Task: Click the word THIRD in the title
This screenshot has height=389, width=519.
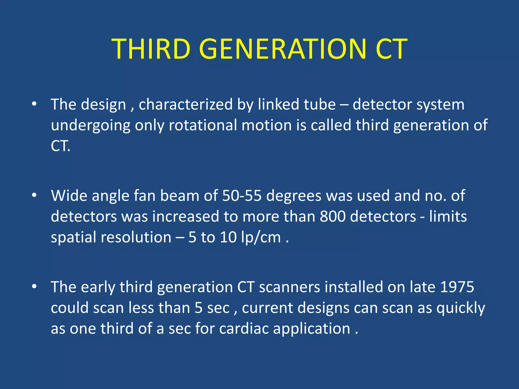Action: point(151,49)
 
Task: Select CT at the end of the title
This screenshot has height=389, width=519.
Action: point(391,49)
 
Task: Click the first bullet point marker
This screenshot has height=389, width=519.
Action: point(34,104)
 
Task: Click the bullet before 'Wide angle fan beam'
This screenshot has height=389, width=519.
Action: point(34,195)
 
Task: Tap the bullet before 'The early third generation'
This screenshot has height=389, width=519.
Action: point(34,286)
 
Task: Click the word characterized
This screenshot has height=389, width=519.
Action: point(186,104)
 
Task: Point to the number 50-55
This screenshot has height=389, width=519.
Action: point(242,196)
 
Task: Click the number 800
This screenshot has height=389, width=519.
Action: point(332,217)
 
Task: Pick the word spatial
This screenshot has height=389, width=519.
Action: point(73,238)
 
